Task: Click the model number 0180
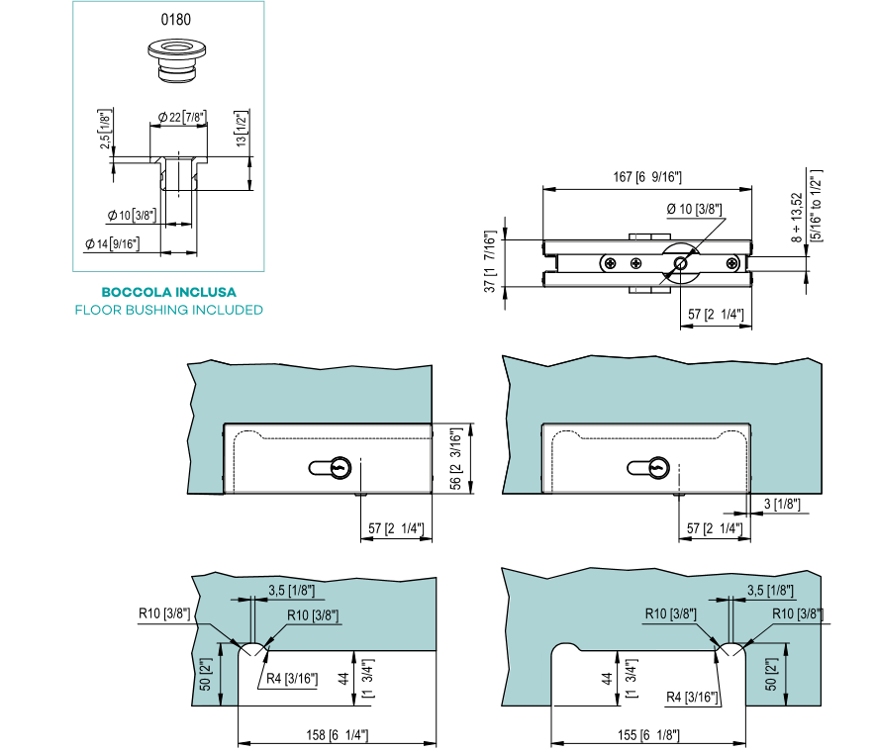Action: point(176,20)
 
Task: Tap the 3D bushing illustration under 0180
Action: point(177,60)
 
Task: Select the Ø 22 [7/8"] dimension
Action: point(182,117)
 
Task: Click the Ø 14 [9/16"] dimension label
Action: point(112,243)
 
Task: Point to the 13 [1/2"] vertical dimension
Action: point(242,129)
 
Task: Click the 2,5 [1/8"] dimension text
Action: point(106,129)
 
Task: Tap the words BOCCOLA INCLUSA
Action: point(168,292)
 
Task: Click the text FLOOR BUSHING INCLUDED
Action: point(168,310)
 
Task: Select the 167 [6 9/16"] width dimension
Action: point(647,177)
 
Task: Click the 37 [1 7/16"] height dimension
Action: point(489,261)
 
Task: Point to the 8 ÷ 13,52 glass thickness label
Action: point(797,217)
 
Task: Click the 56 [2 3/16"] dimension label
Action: point(456,458)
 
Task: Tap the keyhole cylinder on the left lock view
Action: point(331,468)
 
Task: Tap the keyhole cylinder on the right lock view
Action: point(648,468)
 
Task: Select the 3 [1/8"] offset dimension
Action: point(782,504)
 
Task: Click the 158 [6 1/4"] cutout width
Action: point(338,735)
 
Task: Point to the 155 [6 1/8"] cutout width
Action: point(648,735)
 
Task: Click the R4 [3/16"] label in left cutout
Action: point(292,679)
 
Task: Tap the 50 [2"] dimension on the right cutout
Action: point(771,675)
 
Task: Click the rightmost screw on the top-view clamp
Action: point(732,263)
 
